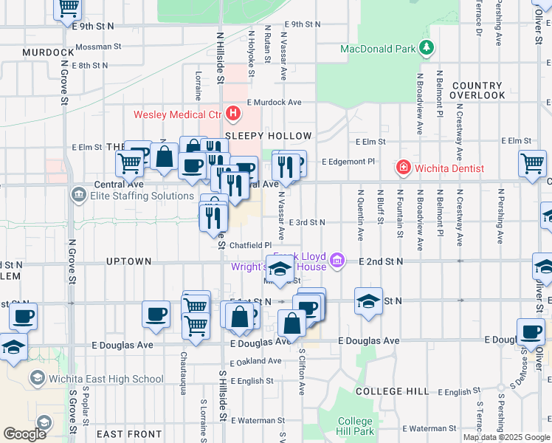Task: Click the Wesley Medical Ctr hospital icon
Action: coord(234,114)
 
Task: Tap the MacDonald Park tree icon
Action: coord(426,49)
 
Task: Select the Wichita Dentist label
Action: coord(449,168)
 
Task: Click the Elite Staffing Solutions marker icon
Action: coord(78,196)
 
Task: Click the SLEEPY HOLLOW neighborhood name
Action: coord(269,136)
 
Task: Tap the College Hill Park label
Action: coord(355,426)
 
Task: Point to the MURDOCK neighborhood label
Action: coord(48,52)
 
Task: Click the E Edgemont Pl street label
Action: coord(349,161)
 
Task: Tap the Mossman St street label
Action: coord(98,46)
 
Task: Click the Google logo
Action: coord(25,433)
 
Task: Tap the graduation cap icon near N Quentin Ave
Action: coord(368,301)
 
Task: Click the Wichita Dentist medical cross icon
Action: coord(404,168)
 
